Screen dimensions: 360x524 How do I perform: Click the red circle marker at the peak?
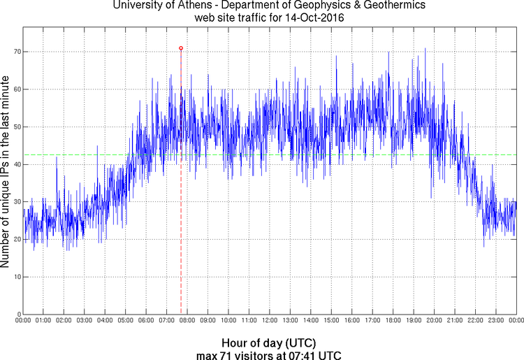coord(181,48)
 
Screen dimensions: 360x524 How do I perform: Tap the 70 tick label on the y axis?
coord(15,52)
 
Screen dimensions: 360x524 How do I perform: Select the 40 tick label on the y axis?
coord(15,164)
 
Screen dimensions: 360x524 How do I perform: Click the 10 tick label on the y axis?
coord(15,277)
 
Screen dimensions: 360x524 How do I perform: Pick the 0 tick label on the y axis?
coord(17,314)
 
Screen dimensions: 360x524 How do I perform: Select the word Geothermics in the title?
coord(376,6)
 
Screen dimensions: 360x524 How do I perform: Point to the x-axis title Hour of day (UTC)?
coord(269,343)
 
